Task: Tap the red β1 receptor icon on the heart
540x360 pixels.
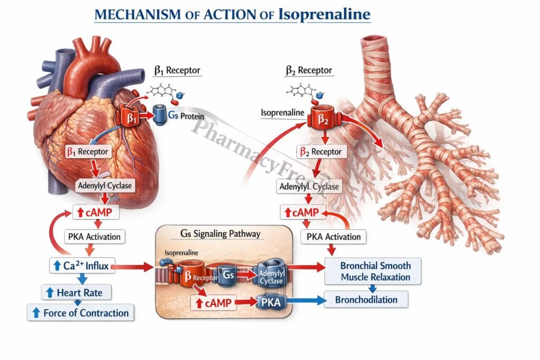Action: coord(131,118)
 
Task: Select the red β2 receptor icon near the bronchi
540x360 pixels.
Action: coord(323,120)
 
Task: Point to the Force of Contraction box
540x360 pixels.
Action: coord(81,313)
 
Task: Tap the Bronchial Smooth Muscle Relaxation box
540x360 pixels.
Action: coord(375,271)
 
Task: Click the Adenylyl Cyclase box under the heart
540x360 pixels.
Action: coord(105,185)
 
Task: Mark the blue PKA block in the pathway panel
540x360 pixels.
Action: coord(272,302)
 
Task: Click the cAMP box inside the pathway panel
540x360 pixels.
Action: coord(214,303)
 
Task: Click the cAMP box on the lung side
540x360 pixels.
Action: coord(302,212)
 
